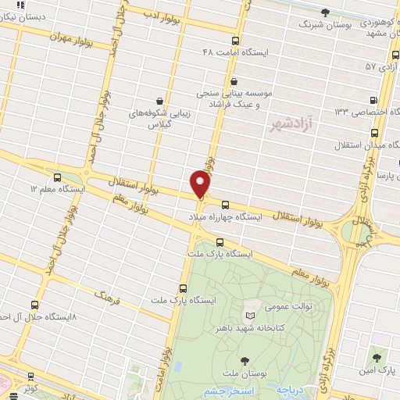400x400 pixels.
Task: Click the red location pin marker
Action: point(200,185)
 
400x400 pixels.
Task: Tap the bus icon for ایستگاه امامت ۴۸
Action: point(236,41)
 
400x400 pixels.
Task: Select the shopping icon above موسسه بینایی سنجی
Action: point(234,81)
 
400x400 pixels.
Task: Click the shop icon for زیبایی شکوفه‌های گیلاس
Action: point(160,100)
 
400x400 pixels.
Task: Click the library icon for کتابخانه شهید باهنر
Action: point(250,316)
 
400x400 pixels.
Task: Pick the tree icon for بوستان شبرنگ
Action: point(326,12)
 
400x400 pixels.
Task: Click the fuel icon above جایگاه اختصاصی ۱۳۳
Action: point(373,99)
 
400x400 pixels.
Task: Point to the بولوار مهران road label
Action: point(71,37)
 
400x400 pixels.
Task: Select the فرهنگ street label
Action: point(110,295)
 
